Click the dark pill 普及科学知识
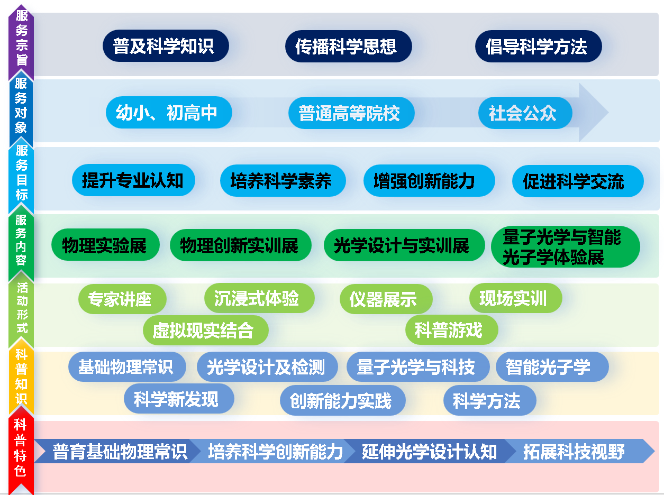click(166, 45)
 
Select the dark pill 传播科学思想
click(348, 46)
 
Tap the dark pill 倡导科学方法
click(539, 46)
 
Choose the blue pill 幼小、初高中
click(169, 112)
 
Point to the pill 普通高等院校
click(351, 113)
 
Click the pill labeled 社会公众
click(525, 113)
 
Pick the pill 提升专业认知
click(133, 180)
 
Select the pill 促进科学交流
click(578, 181)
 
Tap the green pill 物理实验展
click(105, 245)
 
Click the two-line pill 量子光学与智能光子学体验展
click(566, 247)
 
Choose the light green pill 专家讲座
click(122, 299)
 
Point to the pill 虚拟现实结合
click(206, 330)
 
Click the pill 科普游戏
click(452, 329)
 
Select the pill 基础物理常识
click(127, 366)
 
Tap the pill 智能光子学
click(552, 366)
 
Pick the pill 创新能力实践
click(343, 400)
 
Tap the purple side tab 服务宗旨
click(21, 39)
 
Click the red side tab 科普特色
click(21, 451)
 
